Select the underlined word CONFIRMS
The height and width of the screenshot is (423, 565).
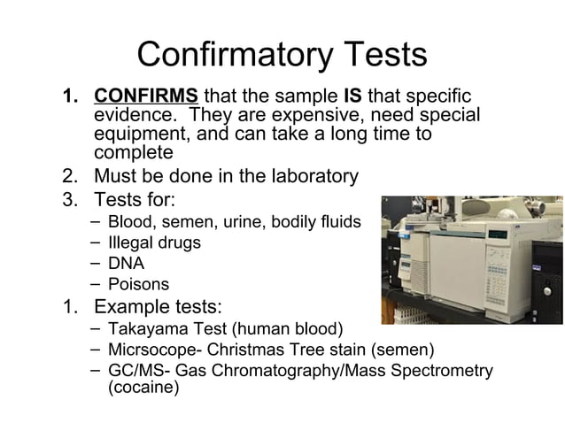pos(146,96)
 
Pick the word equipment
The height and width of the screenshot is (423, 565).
pos(140,135)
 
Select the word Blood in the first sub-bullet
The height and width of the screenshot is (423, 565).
pos(128,220)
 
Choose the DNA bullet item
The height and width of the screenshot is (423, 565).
pos(126,263)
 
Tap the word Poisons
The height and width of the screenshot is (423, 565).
pos(138,285)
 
